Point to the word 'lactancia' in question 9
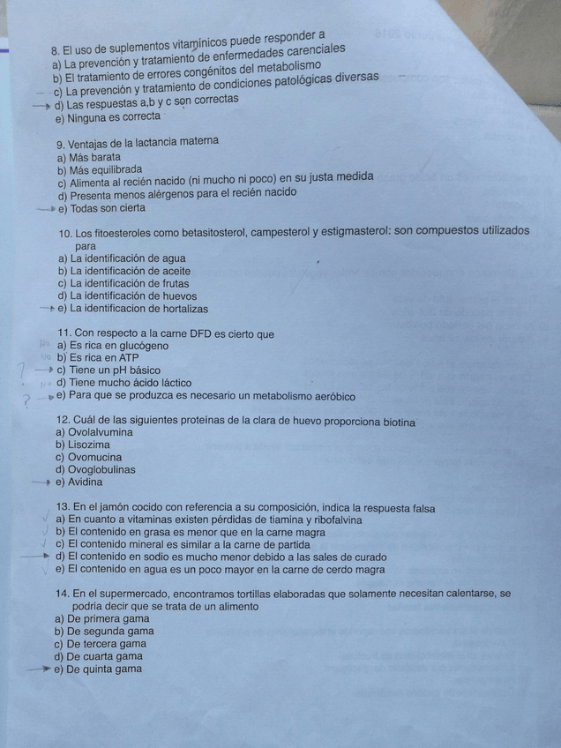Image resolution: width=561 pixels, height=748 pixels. pos(156,142)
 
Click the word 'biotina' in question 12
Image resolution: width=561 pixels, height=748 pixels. pos(398,423)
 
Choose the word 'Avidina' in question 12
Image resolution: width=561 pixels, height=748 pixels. pos(85,482)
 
